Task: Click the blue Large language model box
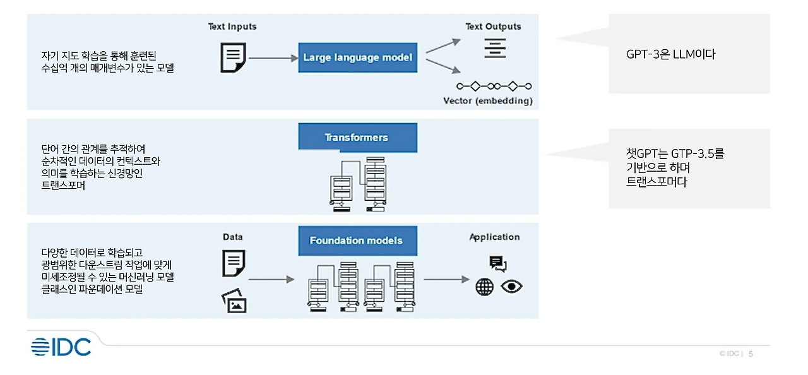pos(357,57)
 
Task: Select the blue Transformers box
pos(357,138)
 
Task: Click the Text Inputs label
pos(232,27)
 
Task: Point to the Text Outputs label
pos(493,27)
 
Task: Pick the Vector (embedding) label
pos(487,101)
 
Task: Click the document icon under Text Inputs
pos(232,57)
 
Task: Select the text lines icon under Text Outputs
pos(495,47)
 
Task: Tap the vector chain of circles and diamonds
pos(494,86)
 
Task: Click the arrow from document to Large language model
pos(272,58)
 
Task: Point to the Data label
pos(232,237)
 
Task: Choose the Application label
pos(494,237)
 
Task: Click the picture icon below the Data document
pos(234,302)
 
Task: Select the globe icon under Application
pos(484,287)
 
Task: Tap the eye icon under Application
pos(512,287)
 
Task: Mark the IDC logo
pos(61,347)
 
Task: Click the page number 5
pos(751,354)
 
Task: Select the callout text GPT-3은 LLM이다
pos(670,55)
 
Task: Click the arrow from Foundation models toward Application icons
pos(446,279)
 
